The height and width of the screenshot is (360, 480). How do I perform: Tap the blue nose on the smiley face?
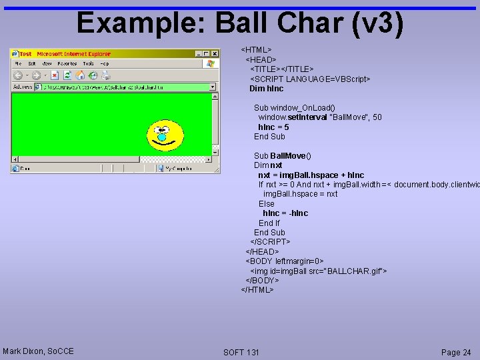coord(162,137)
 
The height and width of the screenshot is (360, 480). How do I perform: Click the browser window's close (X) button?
coord(215,54)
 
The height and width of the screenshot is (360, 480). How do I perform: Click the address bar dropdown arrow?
coord(213,87)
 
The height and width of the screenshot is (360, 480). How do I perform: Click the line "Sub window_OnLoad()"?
coord(294,107)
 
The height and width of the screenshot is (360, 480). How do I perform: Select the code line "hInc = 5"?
coord(273,127)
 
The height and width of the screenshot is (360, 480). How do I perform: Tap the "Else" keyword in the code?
coord(266,203)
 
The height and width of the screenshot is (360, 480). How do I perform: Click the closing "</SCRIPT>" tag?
coord(270,241)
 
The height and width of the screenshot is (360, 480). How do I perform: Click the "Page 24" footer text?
coord(456,352)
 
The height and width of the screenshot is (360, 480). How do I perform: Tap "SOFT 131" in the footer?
coord(241,352)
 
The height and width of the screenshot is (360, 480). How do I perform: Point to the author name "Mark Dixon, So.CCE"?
coord(38,351)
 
